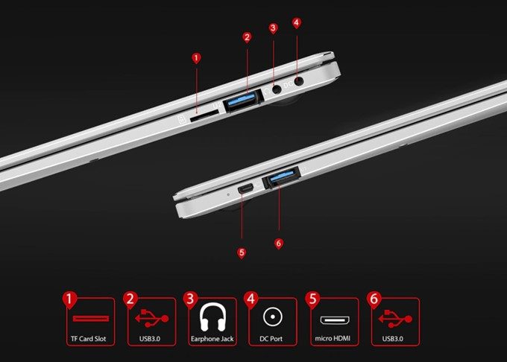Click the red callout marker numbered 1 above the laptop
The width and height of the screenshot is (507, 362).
(x=196, y=57)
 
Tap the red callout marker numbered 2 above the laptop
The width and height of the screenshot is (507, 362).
(x=248, y=36)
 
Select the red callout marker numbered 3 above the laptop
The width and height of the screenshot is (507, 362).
(x=274, y=28)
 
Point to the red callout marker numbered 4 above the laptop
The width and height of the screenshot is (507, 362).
(x=297, y=22)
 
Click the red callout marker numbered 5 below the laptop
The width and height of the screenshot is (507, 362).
(x=242, y=253)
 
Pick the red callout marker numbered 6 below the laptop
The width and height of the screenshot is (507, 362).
(x=279, y=243)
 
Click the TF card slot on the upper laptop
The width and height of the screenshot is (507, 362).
(x=201, y=116)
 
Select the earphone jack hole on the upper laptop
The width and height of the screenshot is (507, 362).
(x=277, y=89)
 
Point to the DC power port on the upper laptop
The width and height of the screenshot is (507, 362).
(x=299, y=83)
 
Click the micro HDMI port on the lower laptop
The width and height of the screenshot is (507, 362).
(x=245, y=190)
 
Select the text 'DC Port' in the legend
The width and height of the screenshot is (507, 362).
(x=272, y=339)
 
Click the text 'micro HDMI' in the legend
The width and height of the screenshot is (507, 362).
(x=333, y=339)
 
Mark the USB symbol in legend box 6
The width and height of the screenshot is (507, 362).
(x=394, y=320)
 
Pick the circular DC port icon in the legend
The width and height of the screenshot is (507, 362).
(x=272, y=319)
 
